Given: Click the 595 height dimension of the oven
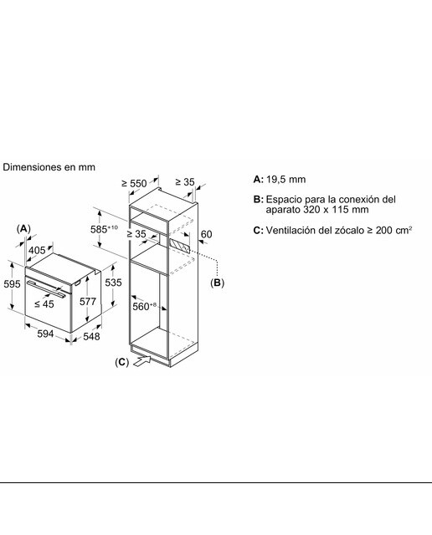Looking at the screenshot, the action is [x=12, y=283].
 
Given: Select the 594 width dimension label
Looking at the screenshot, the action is [x=45, y=334].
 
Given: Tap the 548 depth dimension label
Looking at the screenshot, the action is [x=91, y=336].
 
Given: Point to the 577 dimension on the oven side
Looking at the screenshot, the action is [x=88, y=301].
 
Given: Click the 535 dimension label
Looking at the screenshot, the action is [x=113, y=283].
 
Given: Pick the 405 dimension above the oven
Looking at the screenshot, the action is [x=37, y=250].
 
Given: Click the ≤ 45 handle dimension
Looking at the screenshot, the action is [x=44, y=303].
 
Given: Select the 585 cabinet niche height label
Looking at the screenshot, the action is [x=104, y=229].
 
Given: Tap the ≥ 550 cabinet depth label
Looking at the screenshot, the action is [x=134, y=184].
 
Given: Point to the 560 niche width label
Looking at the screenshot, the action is [x=144, y=307].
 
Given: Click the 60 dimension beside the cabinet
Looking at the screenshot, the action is [x=206, y=234].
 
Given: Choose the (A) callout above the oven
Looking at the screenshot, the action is [x=23, y=228].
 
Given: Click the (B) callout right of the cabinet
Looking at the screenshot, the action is [x=217, y=283].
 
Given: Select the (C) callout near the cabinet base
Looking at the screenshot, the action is [x=121, y=362].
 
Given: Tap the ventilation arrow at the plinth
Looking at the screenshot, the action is [x=141, y=360].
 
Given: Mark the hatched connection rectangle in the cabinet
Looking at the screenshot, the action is [x=179, y=246].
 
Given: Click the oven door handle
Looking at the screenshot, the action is [x=46, y=289].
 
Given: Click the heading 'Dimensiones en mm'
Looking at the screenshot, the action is [x=49, y=167].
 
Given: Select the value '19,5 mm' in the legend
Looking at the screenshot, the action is [x=285, y=180].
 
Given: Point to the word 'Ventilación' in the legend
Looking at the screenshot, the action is [x=291, y=231].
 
